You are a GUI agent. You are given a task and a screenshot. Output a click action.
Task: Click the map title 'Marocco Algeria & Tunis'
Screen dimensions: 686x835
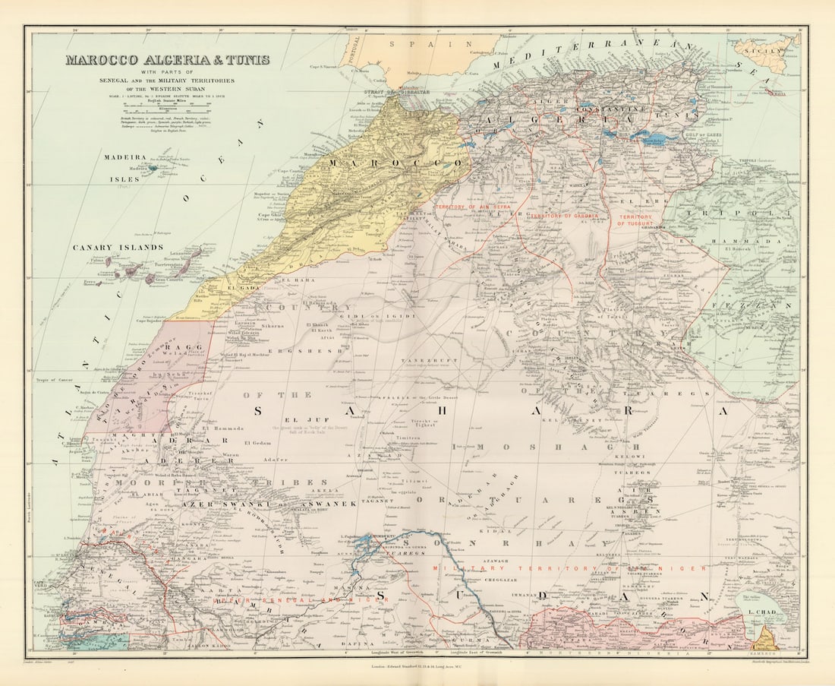[x=167, y=60]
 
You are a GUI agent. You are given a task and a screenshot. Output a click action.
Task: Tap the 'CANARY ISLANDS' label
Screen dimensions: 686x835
[x=118, y=248]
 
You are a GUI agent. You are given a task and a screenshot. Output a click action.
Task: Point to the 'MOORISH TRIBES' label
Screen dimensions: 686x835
[x=169, y=483]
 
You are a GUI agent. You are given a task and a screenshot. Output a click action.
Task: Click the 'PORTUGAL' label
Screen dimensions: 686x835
[x=355, y=54]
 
